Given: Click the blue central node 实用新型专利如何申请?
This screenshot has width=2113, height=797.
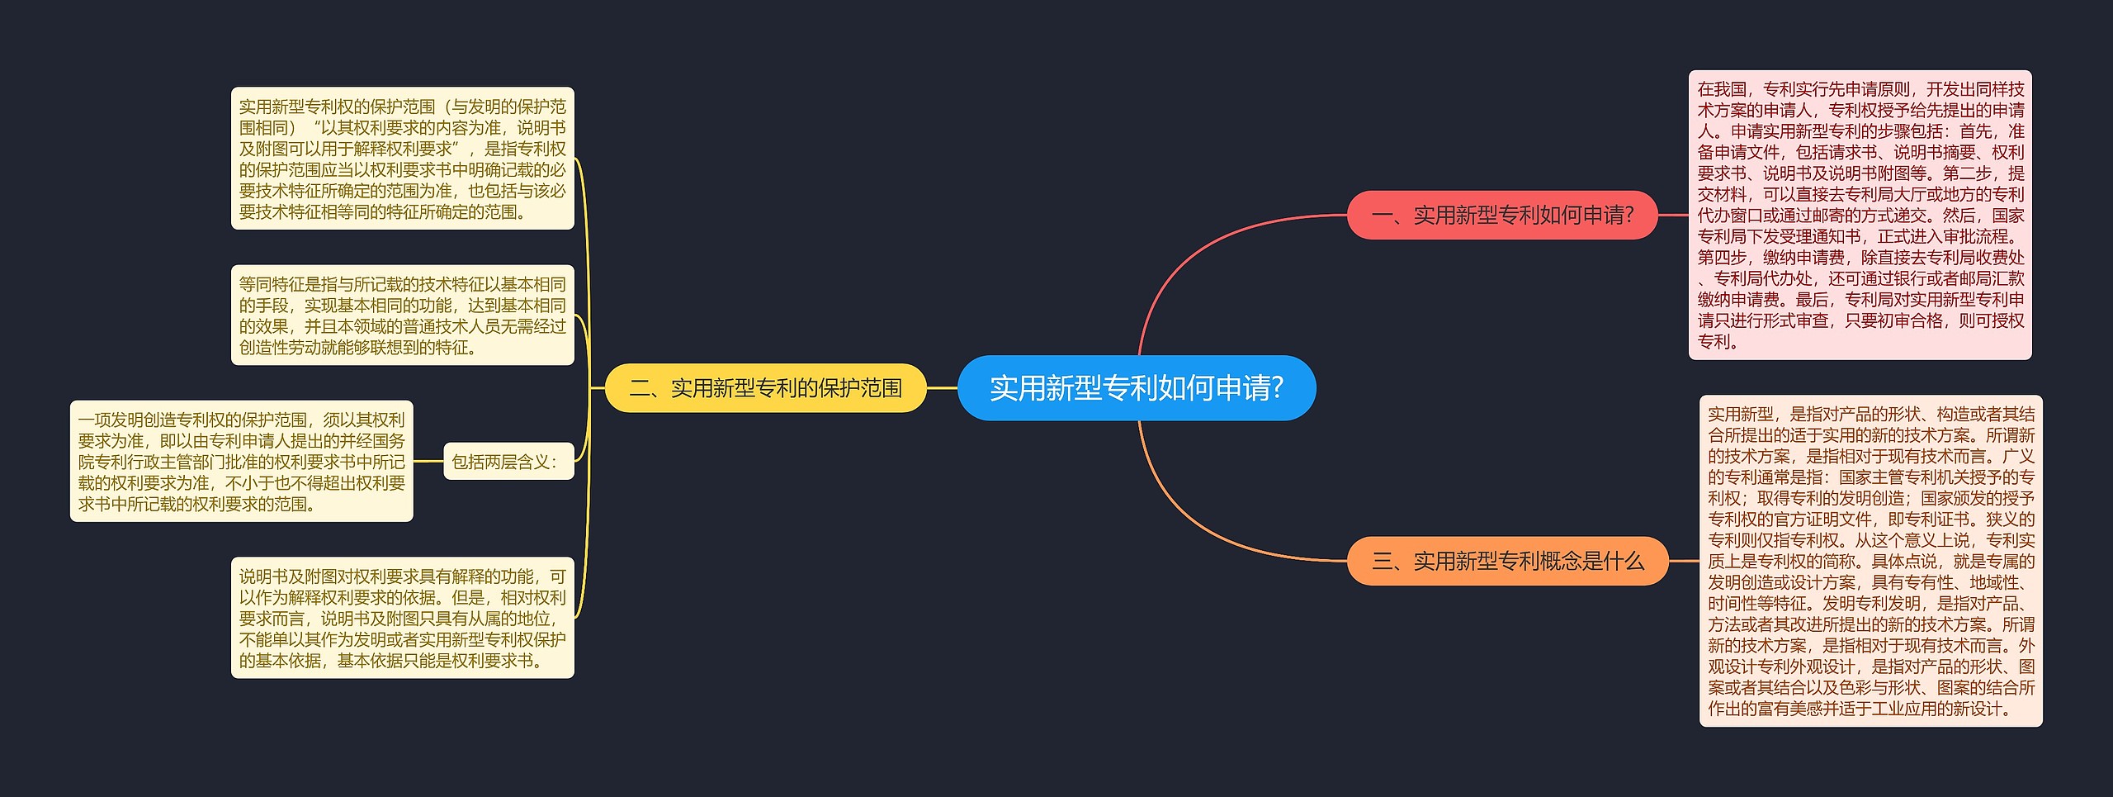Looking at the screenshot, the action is pos(1136,388).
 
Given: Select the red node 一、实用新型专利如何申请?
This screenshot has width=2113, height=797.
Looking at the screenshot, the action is pos(1501,216).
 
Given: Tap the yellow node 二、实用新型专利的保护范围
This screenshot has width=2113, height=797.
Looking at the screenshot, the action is pos(765,388).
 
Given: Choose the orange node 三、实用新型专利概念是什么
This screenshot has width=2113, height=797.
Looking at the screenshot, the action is pos(1507,562).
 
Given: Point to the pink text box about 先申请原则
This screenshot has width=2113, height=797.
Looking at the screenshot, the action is pos(1860,215).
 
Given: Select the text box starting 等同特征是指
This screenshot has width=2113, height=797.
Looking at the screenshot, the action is pos(402,315).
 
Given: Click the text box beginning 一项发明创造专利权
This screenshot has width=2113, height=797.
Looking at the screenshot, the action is pos(241,462).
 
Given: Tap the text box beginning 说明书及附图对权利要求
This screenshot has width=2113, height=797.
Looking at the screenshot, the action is pos(402,618).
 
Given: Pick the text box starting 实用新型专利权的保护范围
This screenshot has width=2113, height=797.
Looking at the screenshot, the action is pos(402,159).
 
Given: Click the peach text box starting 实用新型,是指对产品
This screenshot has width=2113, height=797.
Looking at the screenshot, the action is pos(1870,561).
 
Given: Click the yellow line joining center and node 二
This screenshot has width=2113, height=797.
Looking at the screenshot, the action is pos(942,388).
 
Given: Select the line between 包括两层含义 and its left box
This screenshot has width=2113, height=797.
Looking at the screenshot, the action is pos(428,462).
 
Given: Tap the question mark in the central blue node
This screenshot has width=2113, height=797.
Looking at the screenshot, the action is pos(1278,388).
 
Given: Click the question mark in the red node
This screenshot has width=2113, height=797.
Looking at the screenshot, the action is pos(1628,216).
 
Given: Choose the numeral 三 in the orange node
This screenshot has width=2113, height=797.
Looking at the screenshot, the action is pos(1382,562).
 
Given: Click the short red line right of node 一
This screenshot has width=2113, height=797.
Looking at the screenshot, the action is pos(1673,216).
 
